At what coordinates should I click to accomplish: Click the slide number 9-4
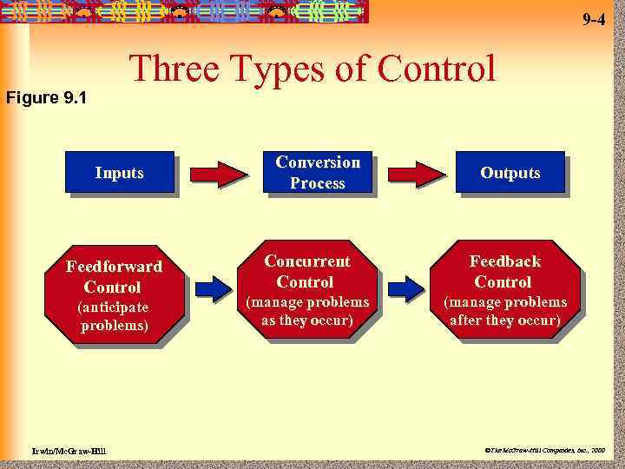[593, 19]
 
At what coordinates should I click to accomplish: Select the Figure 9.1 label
[45, 97]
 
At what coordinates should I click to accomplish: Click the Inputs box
[120, 173]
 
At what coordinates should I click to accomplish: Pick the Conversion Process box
[317, 173]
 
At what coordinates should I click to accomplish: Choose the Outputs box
[510, 173]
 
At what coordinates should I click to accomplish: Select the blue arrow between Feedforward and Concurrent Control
[213, 287]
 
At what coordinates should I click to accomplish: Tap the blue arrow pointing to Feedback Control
[406, 287]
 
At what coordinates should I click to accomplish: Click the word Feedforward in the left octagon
[114, 267]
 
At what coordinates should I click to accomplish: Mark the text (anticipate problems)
[114, 317]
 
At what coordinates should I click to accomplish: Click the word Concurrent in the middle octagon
[307, 261]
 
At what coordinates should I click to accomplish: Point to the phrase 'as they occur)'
[307, 320]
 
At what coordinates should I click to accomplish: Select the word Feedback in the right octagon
[505, 261]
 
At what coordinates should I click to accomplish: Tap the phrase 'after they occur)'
[505, 320]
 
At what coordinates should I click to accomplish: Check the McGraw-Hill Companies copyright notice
[548, 451]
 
